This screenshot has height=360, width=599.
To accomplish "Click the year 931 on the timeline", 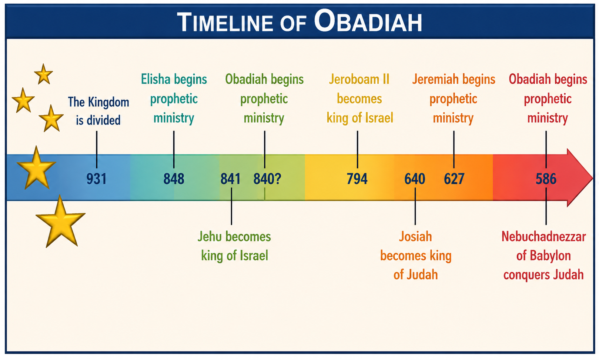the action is [x=97, y=179].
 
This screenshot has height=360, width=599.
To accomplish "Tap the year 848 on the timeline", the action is [x=174, y=179].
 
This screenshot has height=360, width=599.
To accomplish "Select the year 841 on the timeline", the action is [x=231, y=179].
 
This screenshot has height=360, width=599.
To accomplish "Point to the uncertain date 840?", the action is [x=267, y=179].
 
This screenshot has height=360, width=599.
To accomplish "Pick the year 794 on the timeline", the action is [x=357, y=179].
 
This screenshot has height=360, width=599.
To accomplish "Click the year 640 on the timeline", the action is [x=415, y=179].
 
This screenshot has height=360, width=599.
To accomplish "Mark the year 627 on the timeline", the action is [x=454, y=179].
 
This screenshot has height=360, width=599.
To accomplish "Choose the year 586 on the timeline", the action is [x=546, y=179].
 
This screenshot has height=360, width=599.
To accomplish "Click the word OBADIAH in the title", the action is [x=368, y=21].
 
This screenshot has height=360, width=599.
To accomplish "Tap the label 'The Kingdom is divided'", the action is [x=98, y=111].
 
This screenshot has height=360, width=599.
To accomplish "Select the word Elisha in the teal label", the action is [x=155, y=79].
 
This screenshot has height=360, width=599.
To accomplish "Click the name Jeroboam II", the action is [x=359, y=79].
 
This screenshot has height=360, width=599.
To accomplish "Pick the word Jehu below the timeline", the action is [x=210, y=237].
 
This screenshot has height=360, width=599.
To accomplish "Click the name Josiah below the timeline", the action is [x=415, y=237].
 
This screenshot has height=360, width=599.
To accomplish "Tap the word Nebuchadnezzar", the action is [x=543, y=237].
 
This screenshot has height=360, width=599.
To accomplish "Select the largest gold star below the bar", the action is [x=61, y=222].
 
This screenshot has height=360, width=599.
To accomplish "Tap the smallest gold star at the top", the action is [x=44, y=74].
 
